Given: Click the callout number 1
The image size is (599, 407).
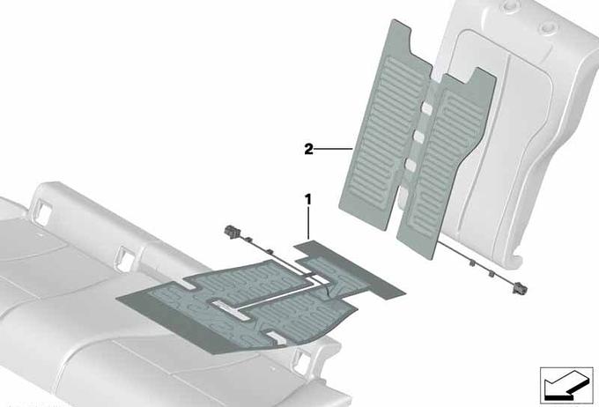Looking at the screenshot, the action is pos(308,199).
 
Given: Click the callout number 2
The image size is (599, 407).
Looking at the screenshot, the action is pos(308,149).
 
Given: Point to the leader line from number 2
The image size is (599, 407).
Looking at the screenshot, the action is pos(333,148).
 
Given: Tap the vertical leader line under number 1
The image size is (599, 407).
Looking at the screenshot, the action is pos(308,223).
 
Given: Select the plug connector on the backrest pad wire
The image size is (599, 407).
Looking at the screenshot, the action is pos(520,286).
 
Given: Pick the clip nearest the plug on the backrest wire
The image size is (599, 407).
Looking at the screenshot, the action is pos(492,273).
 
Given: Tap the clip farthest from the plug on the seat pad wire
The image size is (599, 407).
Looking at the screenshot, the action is pos(270,251).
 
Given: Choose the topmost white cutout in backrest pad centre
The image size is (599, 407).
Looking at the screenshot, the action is pos(426,108).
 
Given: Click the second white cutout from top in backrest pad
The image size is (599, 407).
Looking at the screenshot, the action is pos(418,137).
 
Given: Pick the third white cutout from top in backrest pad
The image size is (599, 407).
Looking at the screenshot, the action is pos(410,165).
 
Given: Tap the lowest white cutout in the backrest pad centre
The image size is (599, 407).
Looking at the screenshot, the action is pos(402,194).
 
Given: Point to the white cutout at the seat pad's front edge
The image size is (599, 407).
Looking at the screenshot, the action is pos(277,337).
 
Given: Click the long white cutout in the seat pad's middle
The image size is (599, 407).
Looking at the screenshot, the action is pos(231,308).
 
